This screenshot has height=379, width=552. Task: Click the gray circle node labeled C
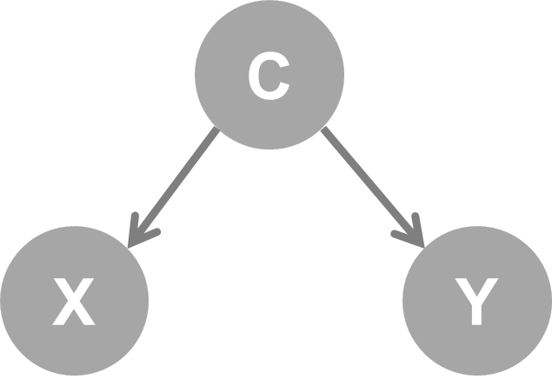[x=269, y=76]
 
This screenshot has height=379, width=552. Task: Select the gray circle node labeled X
[x=74, y=301]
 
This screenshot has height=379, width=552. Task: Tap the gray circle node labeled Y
[x=476, y=301]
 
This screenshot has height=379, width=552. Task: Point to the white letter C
[x=268, y=76]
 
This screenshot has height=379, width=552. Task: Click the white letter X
[x=74, y=302]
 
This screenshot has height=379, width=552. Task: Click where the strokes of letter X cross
[x=74, y=301]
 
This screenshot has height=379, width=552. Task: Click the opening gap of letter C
[x=283, y=76]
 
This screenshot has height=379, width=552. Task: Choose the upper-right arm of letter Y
[x=487, y=288]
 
